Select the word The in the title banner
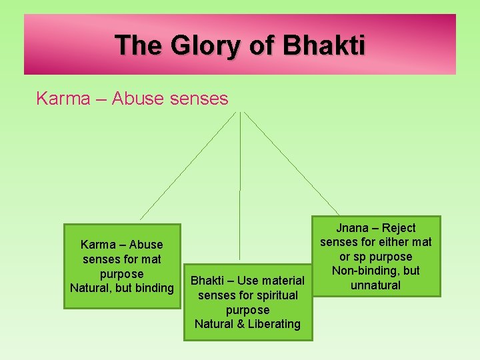[x=139, y=46]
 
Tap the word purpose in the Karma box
[x=121, y=274]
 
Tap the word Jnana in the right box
[x=352, y=228]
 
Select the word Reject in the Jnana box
[x=399, y=228]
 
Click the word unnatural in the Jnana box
[x=376, y=285]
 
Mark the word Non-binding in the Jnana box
[x=363, y=271]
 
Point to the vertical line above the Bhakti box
[x=240, y=200]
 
